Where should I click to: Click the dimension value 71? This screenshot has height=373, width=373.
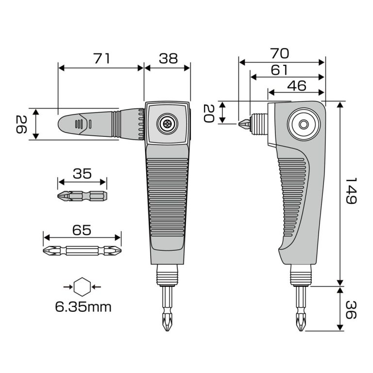[102, 58]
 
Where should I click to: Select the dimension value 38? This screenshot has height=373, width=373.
[169, 58]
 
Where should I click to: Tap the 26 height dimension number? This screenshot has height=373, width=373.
[21, 124]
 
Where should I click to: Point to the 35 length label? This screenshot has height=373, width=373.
[82, 174]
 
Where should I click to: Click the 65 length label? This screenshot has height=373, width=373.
[82, 230]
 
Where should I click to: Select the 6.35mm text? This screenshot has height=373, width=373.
[83, 307]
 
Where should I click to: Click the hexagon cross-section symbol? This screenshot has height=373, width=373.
[82, 287]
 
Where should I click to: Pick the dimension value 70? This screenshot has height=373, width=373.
[280, 53]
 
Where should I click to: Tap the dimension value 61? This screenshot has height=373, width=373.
[279, 70]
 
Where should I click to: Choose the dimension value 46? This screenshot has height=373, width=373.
[297, 86]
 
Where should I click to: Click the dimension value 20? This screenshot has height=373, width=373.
[209, 114]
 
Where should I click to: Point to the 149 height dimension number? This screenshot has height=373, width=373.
[351, 191]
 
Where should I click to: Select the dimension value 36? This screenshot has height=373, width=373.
[351, 310]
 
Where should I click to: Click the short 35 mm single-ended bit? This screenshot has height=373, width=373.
[82, 196]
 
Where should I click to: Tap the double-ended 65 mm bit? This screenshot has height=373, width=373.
[82, 250]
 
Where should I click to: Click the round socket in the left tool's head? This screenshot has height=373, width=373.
[168, 124]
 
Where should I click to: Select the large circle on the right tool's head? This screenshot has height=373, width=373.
[304, 124]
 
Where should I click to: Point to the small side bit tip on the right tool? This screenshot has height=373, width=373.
[244, 124]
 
